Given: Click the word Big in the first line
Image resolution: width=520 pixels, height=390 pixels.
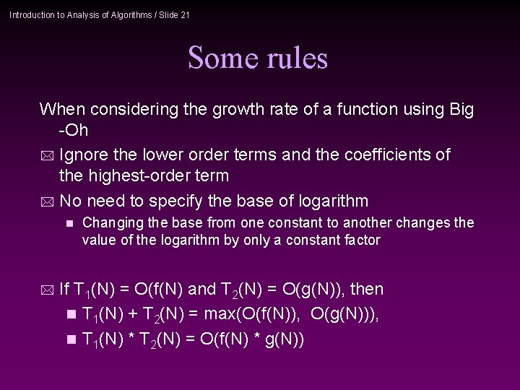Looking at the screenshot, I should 461,110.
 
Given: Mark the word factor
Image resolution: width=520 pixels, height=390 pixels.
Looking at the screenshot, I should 362,240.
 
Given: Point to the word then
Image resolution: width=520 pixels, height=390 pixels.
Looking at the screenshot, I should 366,290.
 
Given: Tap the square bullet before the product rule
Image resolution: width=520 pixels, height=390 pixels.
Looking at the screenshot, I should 69,339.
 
